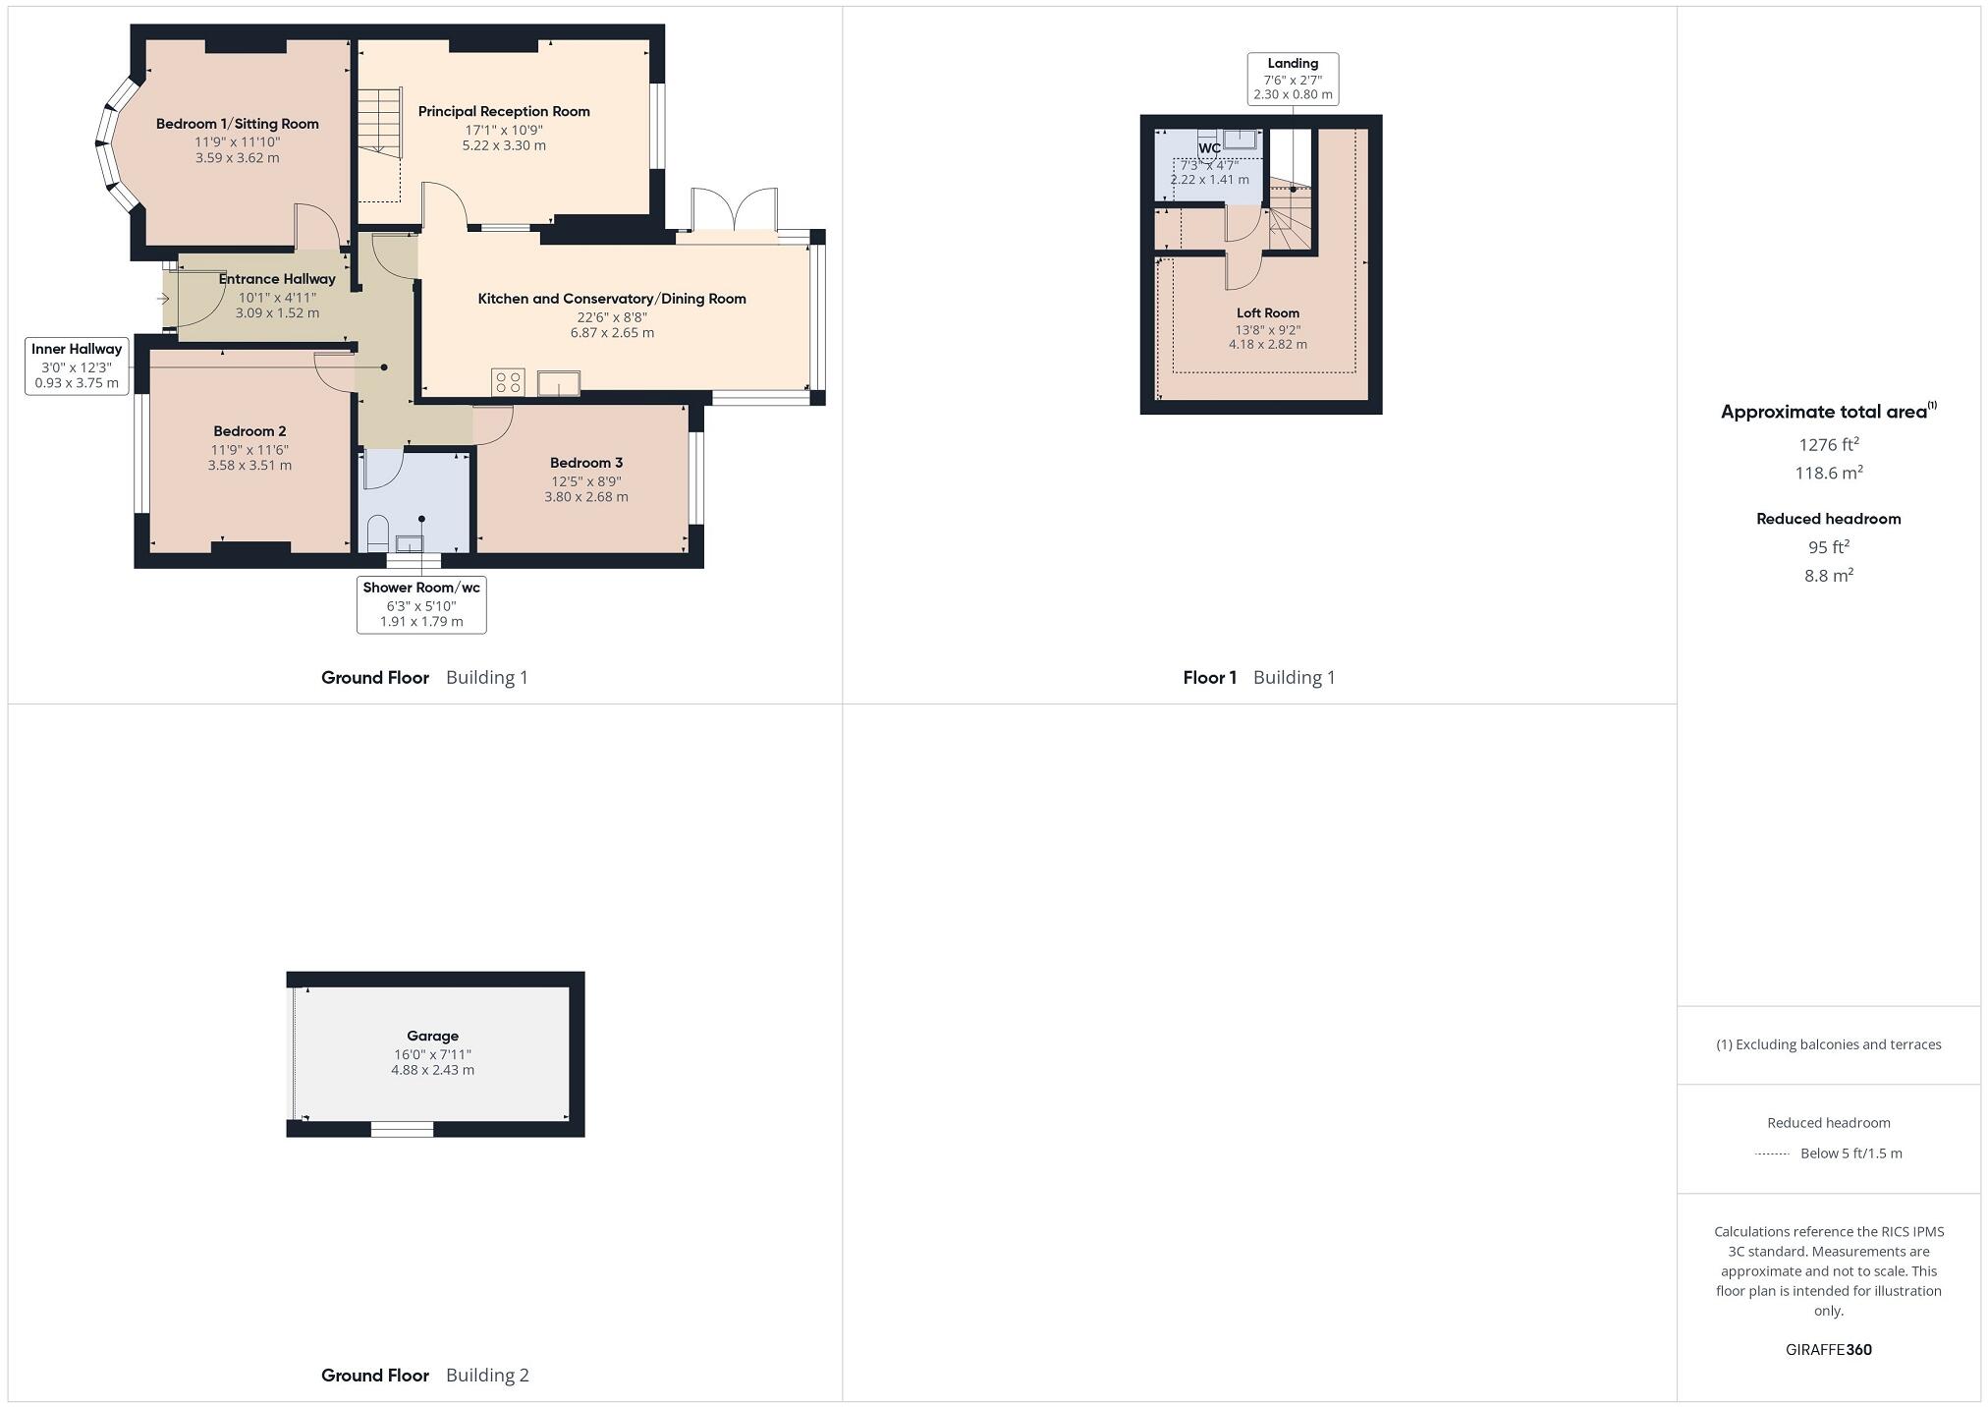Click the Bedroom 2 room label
249,431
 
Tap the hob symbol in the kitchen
508,382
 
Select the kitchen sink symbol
558,382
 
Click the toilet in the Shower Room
378,535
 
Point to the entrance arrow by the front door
163,299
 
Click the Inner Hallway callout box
77,366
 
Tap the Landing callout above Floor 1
1293,79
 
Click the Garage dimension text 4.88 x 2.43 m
432,1070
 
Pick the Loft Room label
1267,313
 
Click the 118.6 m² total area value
1828,473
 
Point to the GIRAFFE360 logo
1828,1349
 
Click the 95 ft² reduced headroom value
1828,547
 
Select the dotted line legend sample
1771,1154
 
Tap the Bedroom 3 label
586,463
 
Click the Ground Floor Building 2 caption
424,1375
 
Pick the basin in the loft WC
1242,139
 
